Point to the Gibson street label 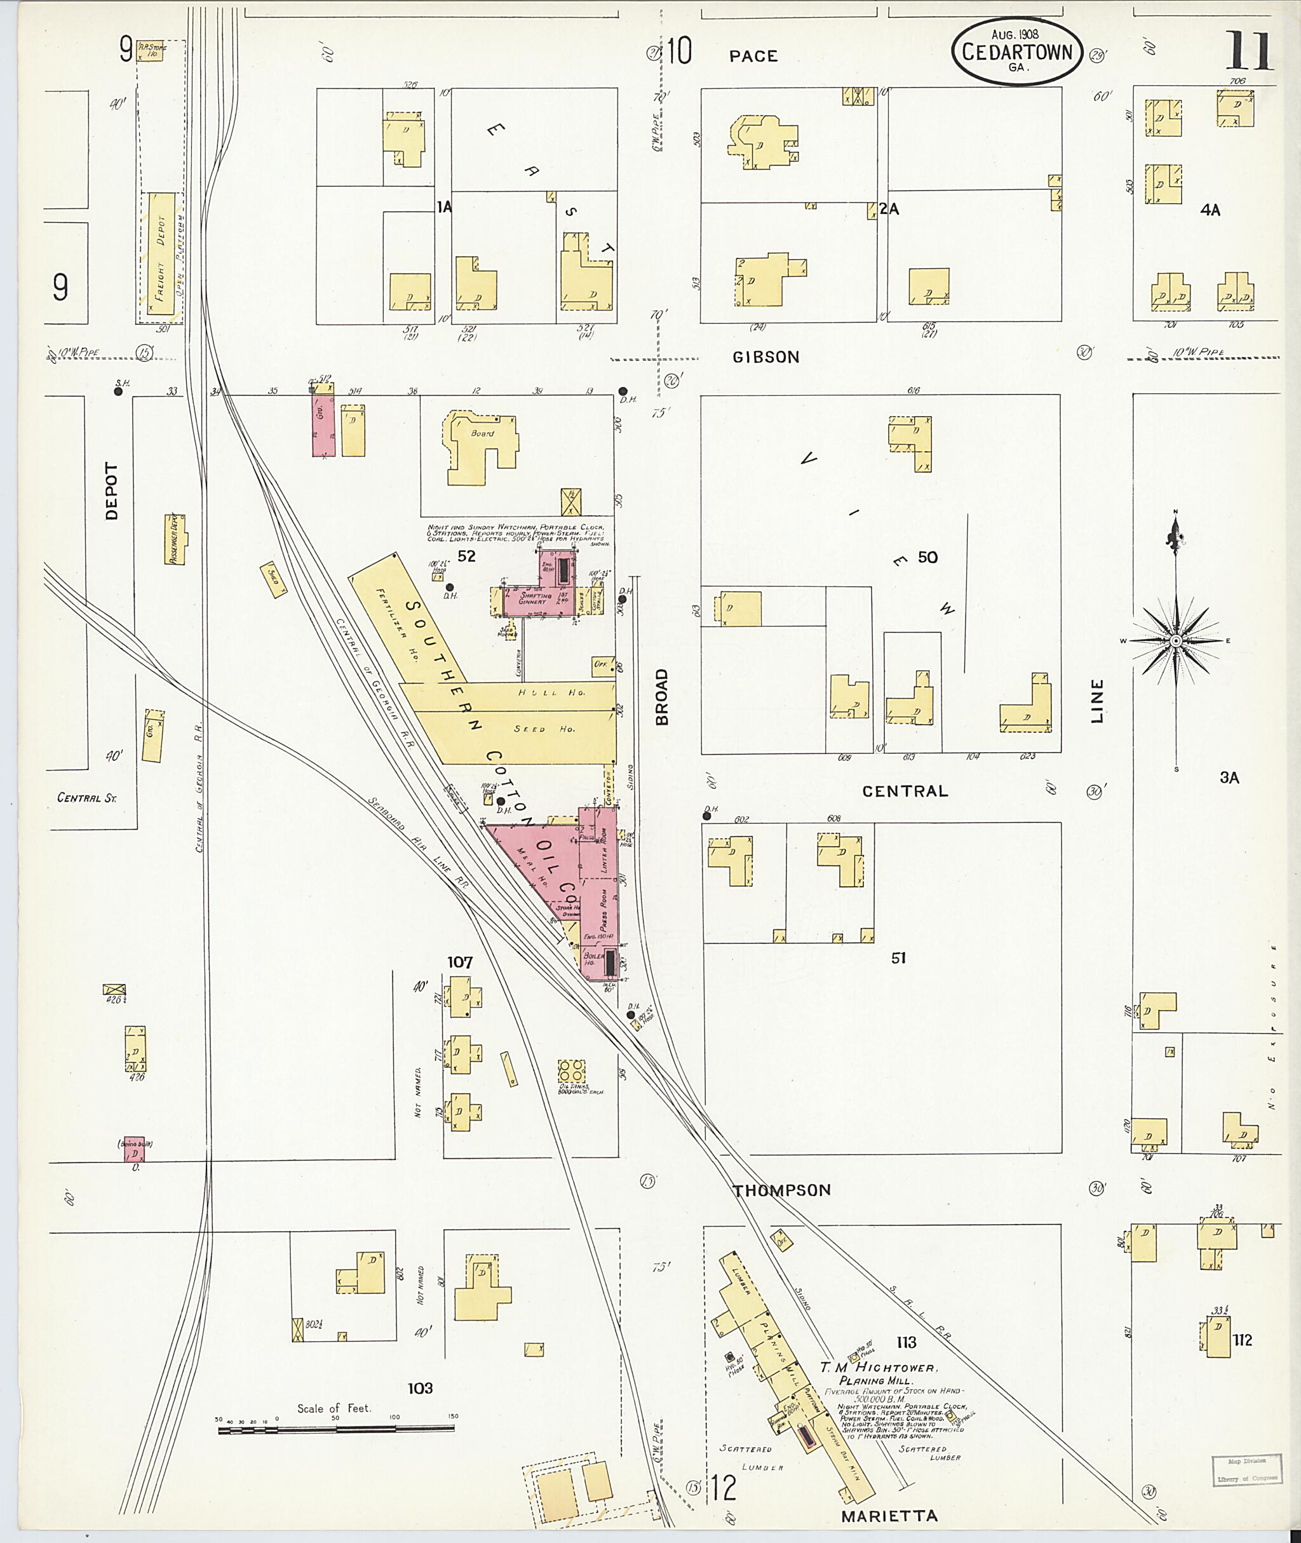point(765,357)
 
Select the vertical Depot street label point(111,490)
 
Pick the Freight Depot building point(161,255)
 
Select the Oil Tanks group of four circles point(571,1072)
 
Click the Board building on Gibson point(480,446)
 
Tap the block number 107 point(459,962)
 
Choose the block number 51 point(898,958)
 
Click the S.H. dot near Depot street point(118,392)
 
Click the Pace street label point(753,55)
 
